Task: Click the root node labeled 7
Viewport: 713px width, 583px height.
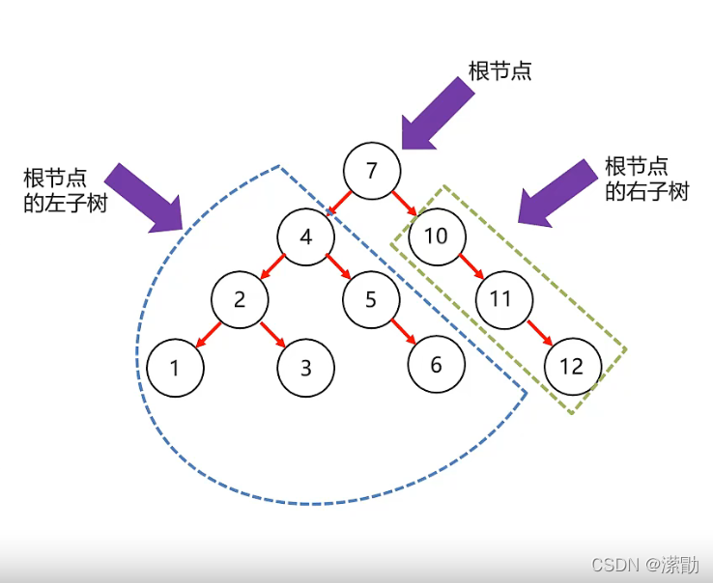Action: click(372, 171)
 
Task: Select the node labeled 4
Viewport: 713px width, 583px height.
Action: click(306, 236)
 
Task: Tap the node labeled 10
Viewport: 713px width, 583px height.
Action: click(437, 236)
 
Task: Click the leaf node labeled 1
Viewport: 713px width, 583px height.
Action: click(175, 367)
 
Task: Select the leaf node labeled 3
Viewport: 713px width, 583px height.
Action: click(305, 368)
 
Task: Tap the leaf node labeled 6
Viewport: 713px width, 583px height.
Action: click(436, 365)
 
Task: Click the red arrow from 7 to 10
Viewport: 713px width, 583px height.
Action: click(404, 204)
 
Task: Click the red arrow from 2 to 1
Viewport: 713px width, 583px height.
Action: click(208, 334)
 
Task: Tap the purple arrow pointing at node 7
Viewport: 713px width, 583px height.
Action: click(437, 114)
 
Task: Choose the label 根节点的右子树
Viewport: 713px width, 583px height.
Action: click(646, 179)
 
